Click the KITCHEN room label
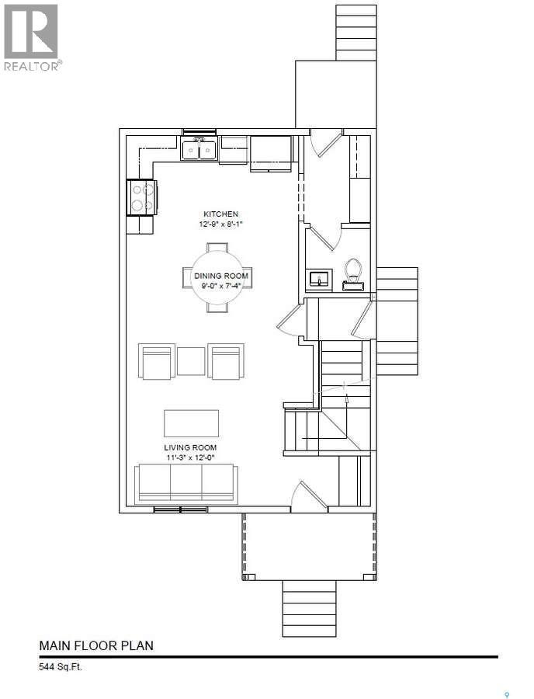(x=220, y=214)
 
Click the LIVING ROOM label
(x=190, y=448)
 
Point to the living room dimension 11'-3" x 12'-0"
(x=190, y=458)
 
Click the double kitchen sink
(x=199, y=148)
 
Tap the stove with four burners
(x=142, y=196)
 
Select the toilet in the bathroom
(x=354, y=273)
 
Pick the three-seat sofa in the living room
(x=185, y=484)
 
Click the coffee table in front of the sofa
(x=191, y=423)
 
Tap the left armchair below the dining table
(x=157, y=362)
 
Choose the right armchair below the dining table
(x=226, y=362)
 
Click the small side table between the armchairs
(x=191, y=361)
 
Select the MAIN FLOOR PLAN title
(x=96, y=645)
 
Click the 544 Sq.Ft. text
(x=61, y=666)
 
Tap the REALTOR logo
(x=32, y=37)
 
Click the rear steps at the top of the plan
(x=356, y=32)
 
